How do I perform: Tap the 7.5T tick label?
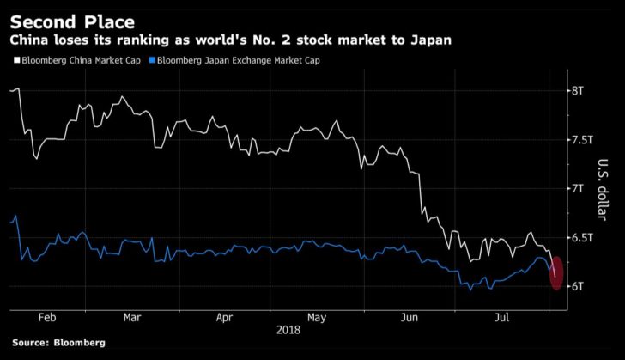583,139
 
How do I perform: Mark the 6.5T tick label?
583,237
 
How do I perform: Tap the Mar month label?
132,317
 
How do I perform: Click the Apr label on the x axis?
224,317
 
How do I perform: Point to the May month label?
317,317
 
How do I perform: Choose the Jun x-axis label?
410,317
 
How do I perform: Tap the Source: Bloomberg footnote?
59,343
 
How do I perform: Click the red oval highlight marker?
555,273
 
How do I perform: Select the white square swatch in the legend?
14,61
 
